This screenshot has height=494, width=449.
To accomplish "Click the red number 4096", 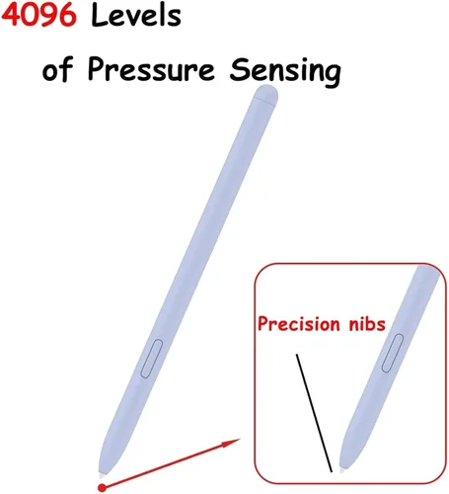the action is click(38, 15).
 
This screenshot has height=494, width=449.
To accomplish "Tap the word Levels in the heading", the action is click(136, 15).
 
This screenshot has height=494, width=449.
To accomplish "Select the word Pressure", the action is click(151, 69).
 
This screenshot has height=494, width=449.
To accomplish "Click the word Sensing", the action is click(285, 71).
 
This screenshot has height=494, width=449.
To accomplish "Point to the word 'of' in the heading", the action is click(57, 69).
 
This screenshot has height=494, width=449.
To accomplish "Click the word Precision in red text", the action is click(299, 324).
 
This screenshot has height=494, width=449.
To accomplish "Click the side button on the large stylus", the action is click(152, 359).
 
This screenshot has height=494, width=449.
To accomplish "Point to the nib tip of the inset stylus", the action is click(342, 470).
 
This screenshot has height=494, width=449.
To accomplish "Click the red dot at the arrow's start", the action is click(103, 487).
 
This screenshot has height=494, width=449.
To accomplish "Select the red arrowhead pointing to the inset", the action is click(231, 443).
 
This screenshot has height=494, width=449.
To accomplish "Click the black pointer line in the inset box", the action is click(314, 413).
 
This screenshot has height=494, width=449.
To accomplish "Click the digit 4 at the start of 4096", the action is click(12, 16).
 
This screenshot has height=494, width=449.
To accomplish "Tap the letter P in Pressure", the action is click(96, 69).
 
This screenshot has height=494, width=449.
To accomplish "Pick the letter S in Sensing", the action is click(238, 69).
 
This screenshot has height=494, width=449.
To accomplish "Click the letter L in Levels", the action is click(100, 15).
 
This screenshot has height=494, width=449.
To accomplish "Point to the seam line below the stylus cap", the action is click(264, 102).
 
